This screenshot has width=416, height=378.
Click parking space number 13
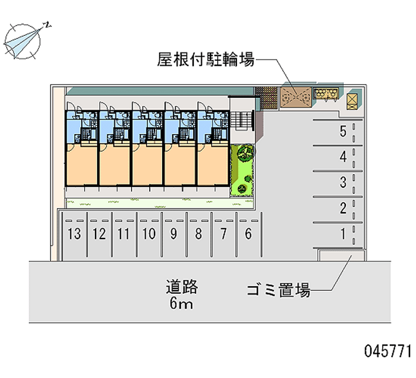(74, 234)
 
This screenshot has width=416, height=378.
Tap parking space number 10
(149, 234)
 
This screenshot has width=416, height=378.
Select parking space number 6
(248, 234)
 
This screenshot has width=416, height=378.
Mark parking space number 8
(198, 234)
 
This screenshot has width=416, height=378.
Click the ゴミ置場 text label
(279, 290)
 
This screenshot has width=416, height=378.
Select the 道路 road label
(182, 286)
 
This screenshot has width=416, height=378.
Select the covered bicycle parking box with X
(295, 97)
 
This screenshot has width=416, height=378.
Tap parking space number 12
(99, 234)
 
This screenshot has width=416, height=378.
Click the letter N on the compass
(47, 24)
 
